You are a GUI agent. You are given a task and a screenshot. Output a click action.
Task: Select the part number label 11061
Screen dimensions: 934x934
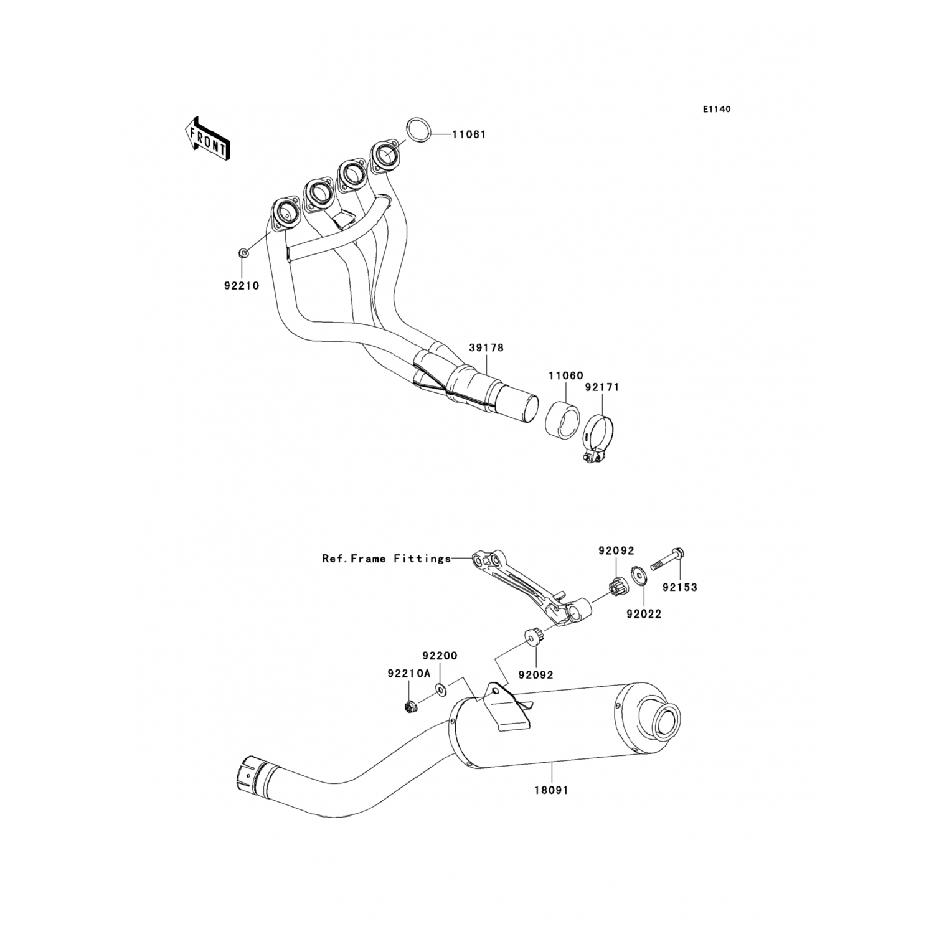tap(468, 134)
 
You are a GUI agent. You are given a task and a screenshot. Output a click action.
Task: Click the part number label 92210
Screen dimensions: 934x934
tap(241, 286)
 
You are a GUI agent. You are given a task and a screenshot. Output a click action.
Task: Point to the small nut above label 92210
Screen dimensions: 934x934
tap(243, 253)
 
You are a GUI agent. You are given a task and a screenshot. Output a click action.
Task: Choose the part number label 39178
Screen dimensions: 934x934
tap(486, 347)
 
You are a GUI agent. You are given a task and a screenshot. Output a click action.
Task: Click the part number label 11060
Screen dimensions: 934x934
tap(565, 376)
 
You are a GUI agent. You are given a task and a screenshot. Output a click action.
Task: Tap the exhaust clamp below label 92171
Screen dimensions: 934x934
tap(598, 436)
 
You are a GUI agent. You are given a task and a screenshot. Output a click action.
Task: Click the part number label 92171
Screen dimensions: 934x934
tap(601, 387)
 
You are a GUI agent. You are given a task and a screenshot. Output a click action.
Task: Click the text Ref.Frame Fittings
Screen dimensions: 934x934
tap(386, 559)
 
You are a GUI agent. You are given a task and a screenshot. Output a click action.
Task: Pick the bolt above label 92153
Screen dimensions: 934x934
tap(668, 559)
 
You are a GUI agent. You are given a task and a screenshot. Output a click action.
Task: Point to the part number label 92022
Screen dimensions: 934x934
tap(644, 614)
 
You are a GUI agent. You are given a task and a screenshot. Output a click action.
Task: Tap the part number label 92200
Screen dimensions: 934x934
tap(440, 656)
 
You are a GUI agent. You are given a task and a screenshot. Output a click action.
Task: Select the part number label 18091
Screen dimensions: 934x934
tap(551, 790)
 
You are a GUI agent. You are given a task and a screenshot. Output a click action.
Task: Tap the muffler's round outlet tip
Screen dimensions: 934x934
tap(667, 721)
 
